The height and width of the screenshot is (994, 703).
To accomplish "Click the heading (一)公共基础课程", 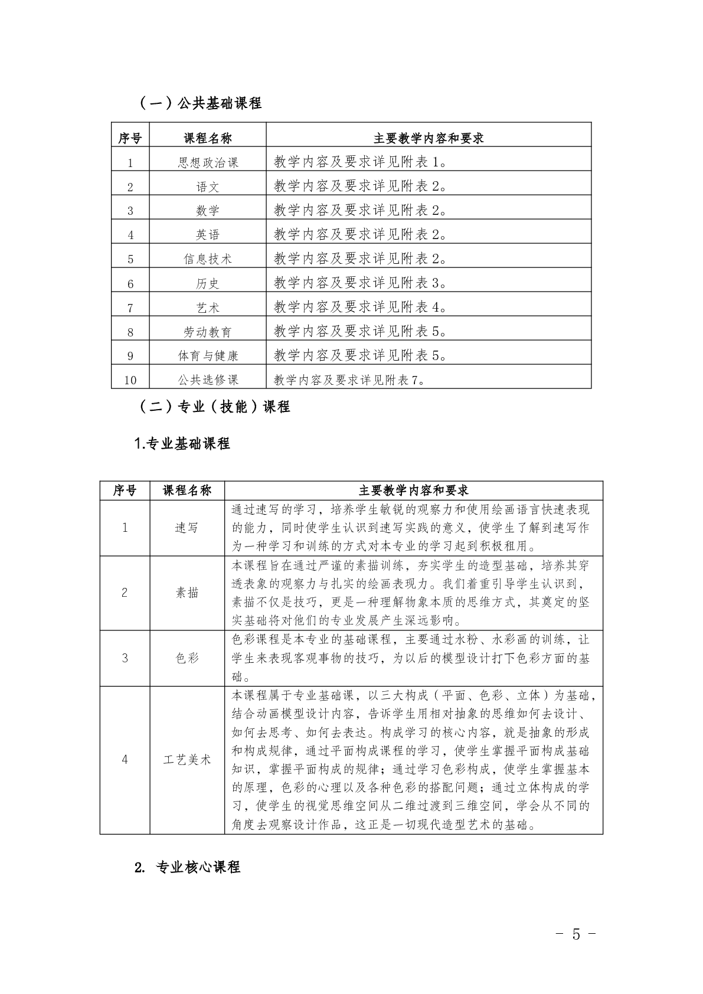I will pyautogui.click(x=200, y=103).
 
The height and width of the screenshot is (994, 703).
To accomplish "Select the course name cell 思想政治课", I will pyautogui.click(x=208, y=162).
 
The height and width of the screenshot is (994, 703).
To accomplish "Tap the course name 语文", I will pyautogui.click(x=208, y=187).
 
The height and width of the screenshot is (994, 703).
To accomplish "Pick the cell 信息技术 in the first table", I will pyautogui.click(x=208, y=259).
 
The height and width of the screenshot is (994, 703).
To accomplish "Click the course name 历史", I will pyautogui.click(x=208, y=283).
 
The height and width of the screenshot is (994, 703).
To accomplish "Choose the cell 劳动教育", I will pyautogui.click(x=208, y=332).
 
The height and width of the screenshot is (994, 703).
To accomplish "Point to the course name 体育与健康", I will pyautogui.click(x=208, y=355).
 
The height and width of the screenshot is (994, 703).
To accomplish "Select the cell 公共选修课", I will pyautogui.click(x=208, y=380).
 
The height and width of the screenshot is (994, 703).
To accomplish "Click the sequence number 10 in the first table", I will pyautogui.click(x=130, y=380).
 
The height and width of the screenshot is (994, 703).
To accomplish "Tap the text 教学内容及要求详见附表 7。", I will pyautogui.click(x=349, y=380).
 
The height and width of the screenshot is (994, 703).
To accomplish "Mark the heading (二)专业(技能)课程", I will pyautogui.click(x=214, y=407).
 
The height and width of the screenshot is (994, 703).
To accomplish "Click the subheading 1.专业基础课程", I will pyautogui.click(x=182, y=443).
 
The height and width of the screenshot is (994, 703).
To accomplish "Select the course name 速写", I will pyautogui.click(x=187, y=528).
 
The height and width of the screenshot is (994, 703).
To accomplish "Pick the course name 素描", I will pyautogui.click(x=187, y=593).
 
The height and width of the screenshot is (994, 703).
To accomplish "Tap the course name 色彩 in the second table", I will pyautogui.click(x=187, y=658).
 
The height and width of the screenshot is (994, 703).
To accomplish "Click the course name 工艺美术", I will pyautogui.click(x=187, y=760).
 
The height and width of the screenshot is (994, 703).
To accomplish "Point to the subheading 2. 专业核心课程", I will pyautogui.click(x=187, y=867).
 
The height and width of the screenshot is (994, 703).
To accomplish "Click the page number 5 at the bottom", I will pyautogui.click(x=576, y=934).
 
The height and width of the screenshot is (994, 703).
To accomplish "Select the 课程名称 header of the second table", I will pyautogui.click(x=187, y=491).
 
